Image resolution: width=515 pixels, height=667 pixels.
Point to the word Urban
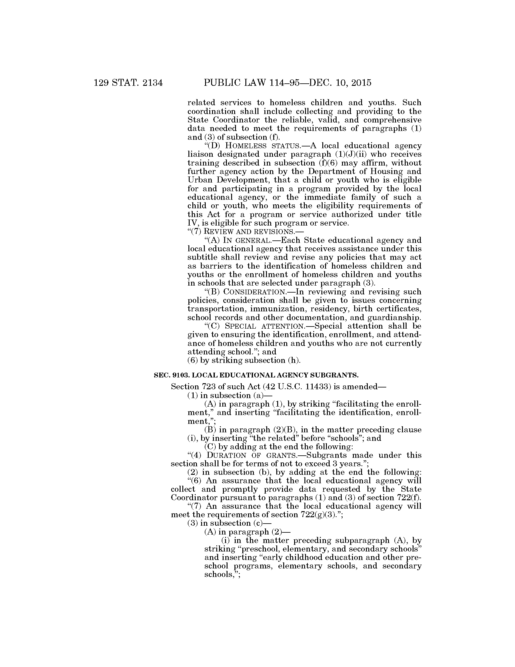[199, 180]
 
